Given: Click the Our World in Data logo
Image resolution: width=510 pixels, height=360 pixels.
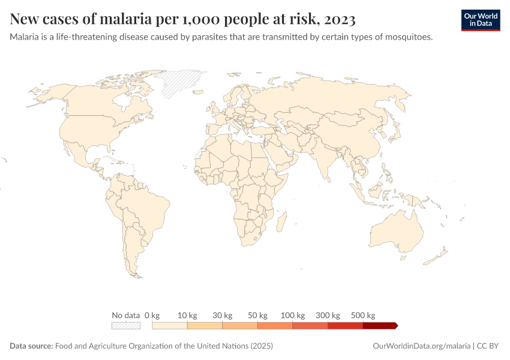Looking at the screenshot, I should coord(480,20).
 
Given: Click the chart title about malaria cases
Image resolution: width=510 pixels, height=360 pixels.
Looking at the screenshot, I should coord(182,20).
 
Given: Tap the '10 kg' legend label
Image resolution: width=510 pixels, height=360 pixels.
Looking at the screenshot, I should coord(187,315).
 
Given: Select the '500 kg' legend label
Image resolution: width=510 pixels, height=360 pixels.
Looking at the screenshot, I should coord(363,315).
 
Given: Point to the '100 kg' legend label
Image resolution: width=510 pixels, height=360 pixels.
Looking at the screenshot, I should coord(293,315).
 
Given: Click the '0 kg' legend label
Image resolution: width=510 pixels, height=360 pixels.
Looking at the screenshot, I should coord(152,315).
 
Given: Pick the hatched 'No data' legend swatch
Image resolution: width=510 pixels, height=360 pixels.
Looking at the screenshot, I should coord(126,325).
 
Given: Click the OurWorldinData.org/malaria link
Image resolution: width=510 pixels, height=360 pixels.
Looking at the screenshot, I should coord(421,346).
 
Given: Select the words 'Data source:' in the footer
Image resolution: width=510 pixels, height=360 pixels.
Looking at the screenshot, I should coord(31,346).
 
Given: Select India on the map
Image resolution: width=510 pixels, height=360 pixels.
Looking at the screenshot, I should coord(332,159).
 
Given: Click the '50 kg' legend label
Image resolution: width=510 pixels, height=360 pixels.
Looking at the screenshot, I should coord(257,315).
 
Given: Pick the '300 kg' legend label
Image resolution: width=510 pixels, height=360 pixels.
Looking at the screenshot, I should coord(328,315).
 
